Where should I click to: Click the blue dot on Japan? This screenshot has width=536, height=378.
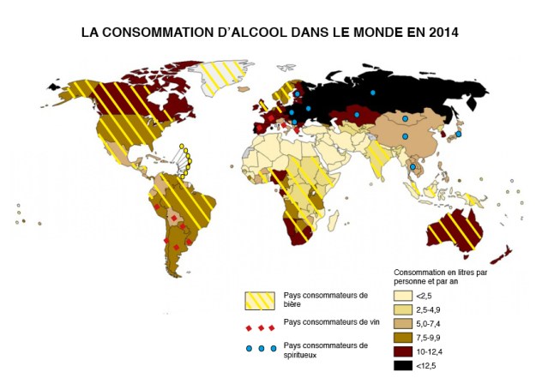tap(459, 135)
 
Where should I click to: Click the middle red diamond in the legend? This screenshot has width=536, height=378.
tap(261, 327)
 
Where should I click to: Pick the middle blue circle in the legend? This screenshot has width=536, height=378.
tap(261, 348)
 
